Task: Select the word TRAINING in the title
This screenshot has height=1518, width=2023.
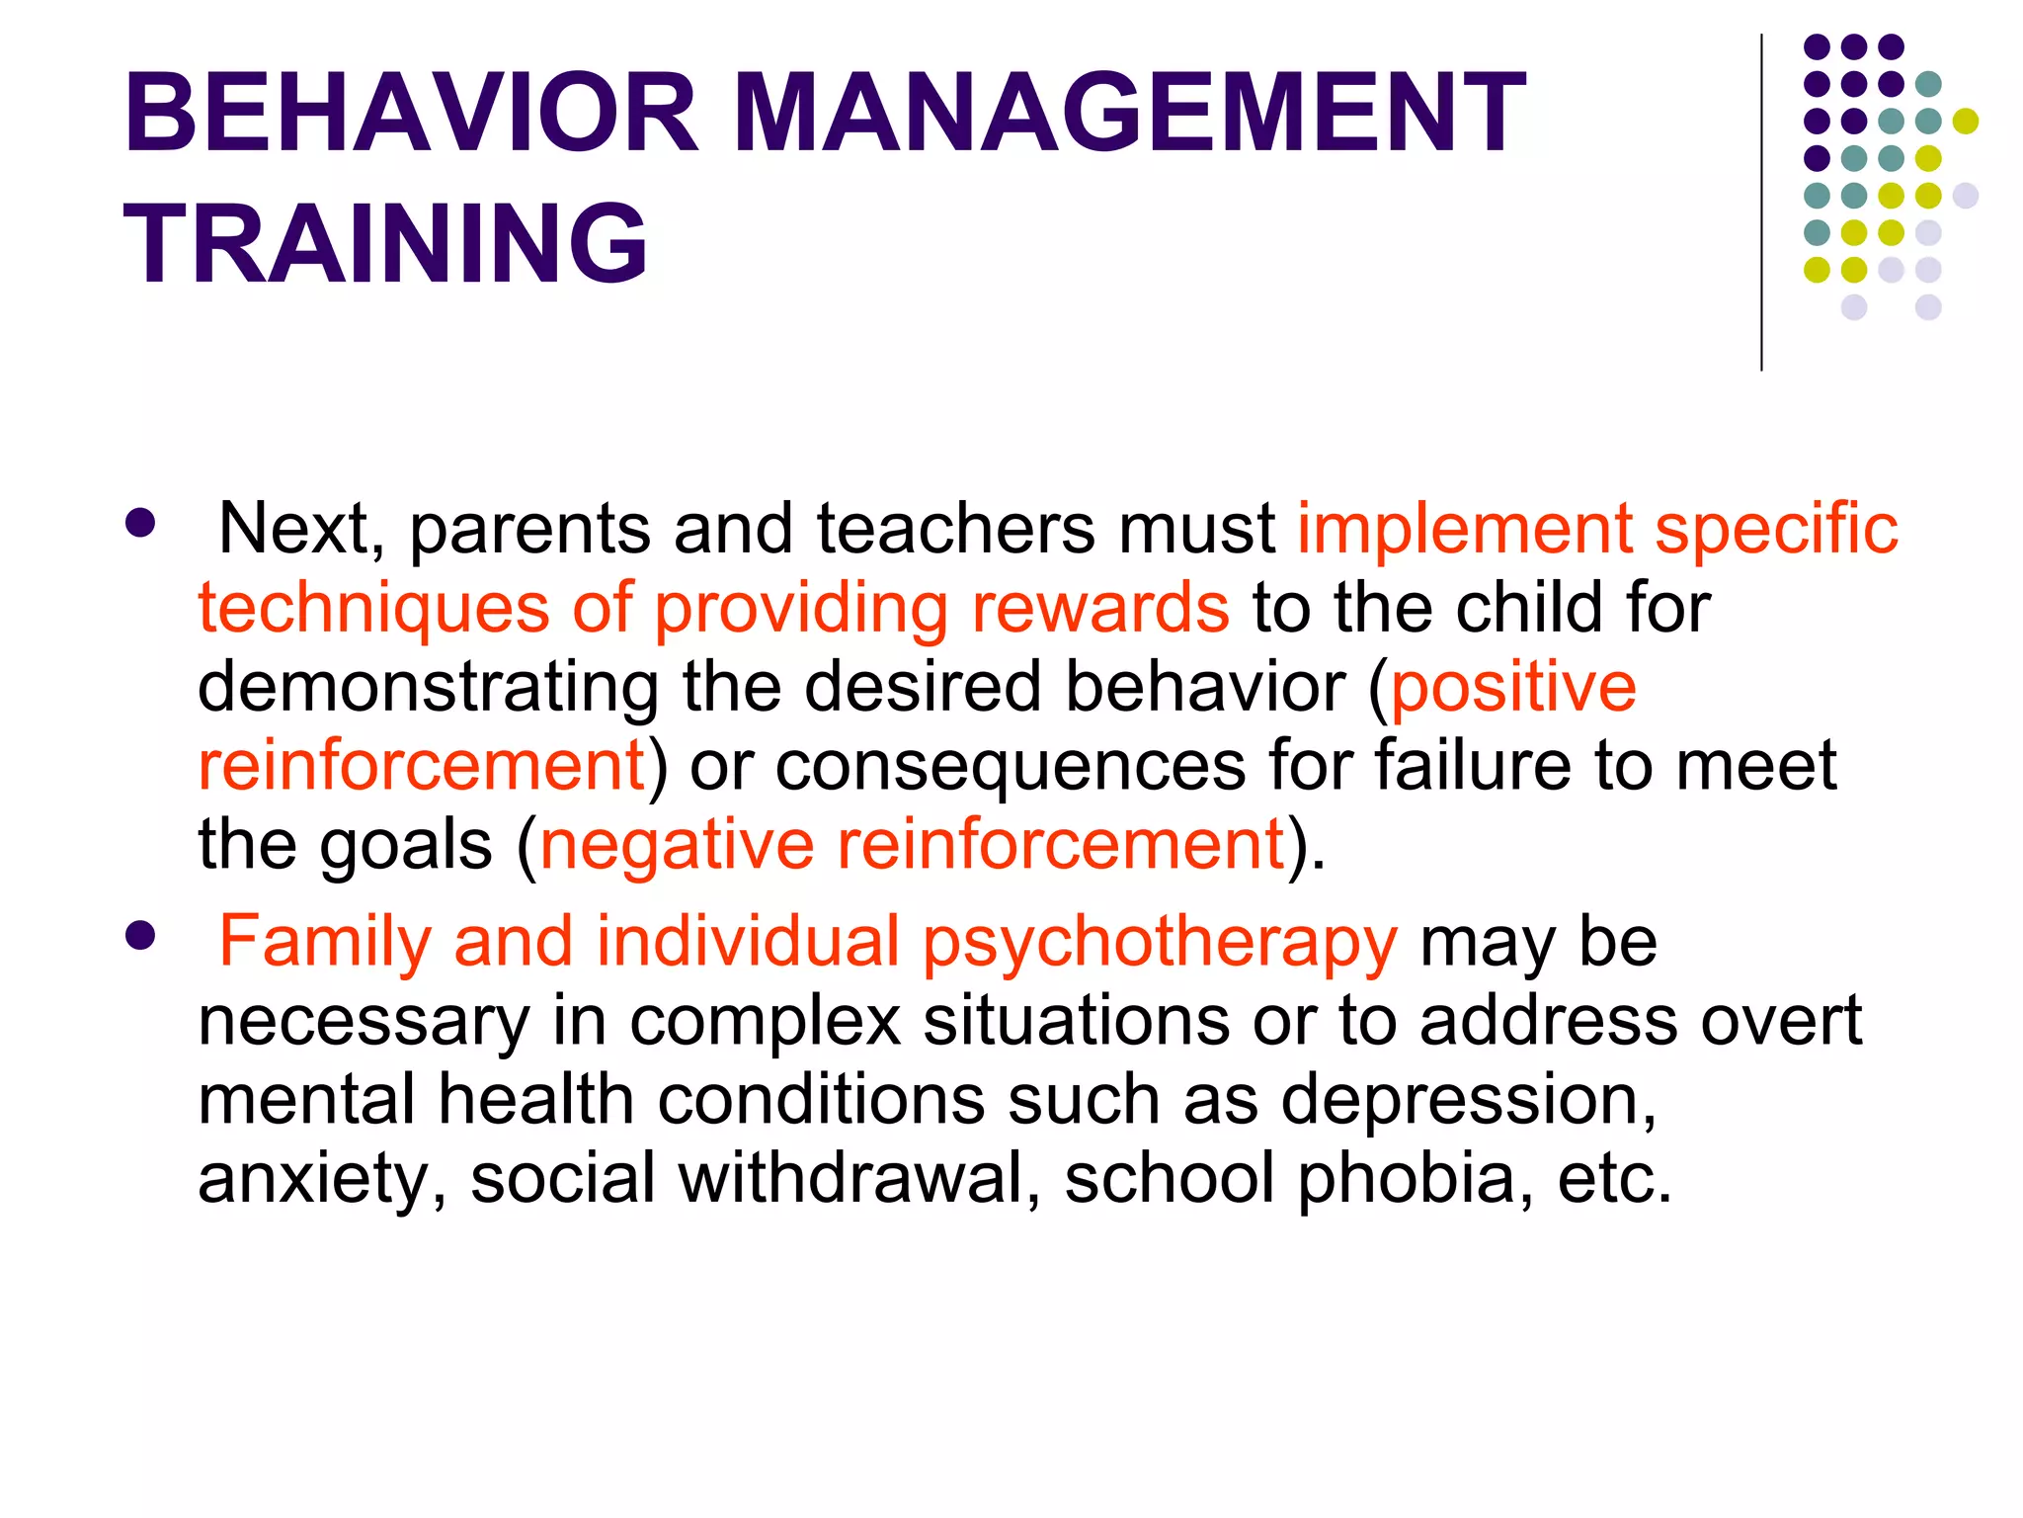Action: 385,243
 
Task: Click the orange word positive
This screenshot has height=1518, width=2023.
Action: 1513,687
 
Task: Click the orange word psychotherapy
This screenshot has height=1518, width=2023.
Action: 1160,942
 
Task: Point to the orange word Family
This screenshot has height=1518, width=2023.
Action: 325,942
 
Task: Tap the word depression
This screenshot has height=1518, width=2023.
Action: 1469,1100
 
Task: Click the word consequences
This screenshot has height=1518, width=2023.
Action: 1011,766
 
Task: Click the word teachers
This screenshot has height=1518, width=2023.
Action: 955,529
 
